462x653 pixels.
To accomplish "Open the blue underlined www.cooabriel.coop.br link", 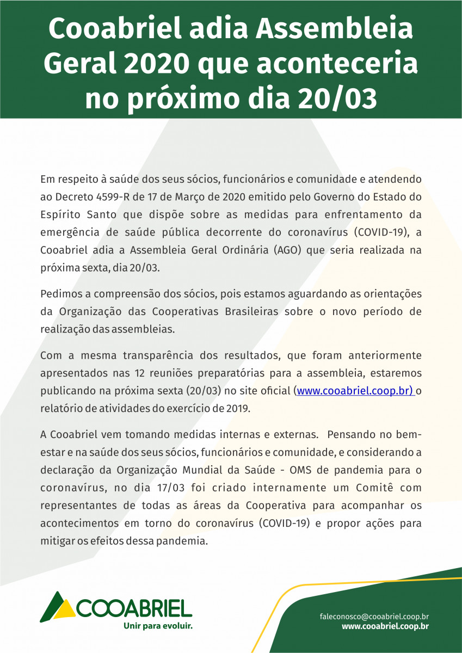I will pos(355,391).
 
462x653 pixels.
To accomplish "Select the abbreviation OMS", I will pos(303,471).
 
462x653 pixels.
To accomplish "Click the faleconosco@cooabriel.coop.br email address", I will pos(374,617).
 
